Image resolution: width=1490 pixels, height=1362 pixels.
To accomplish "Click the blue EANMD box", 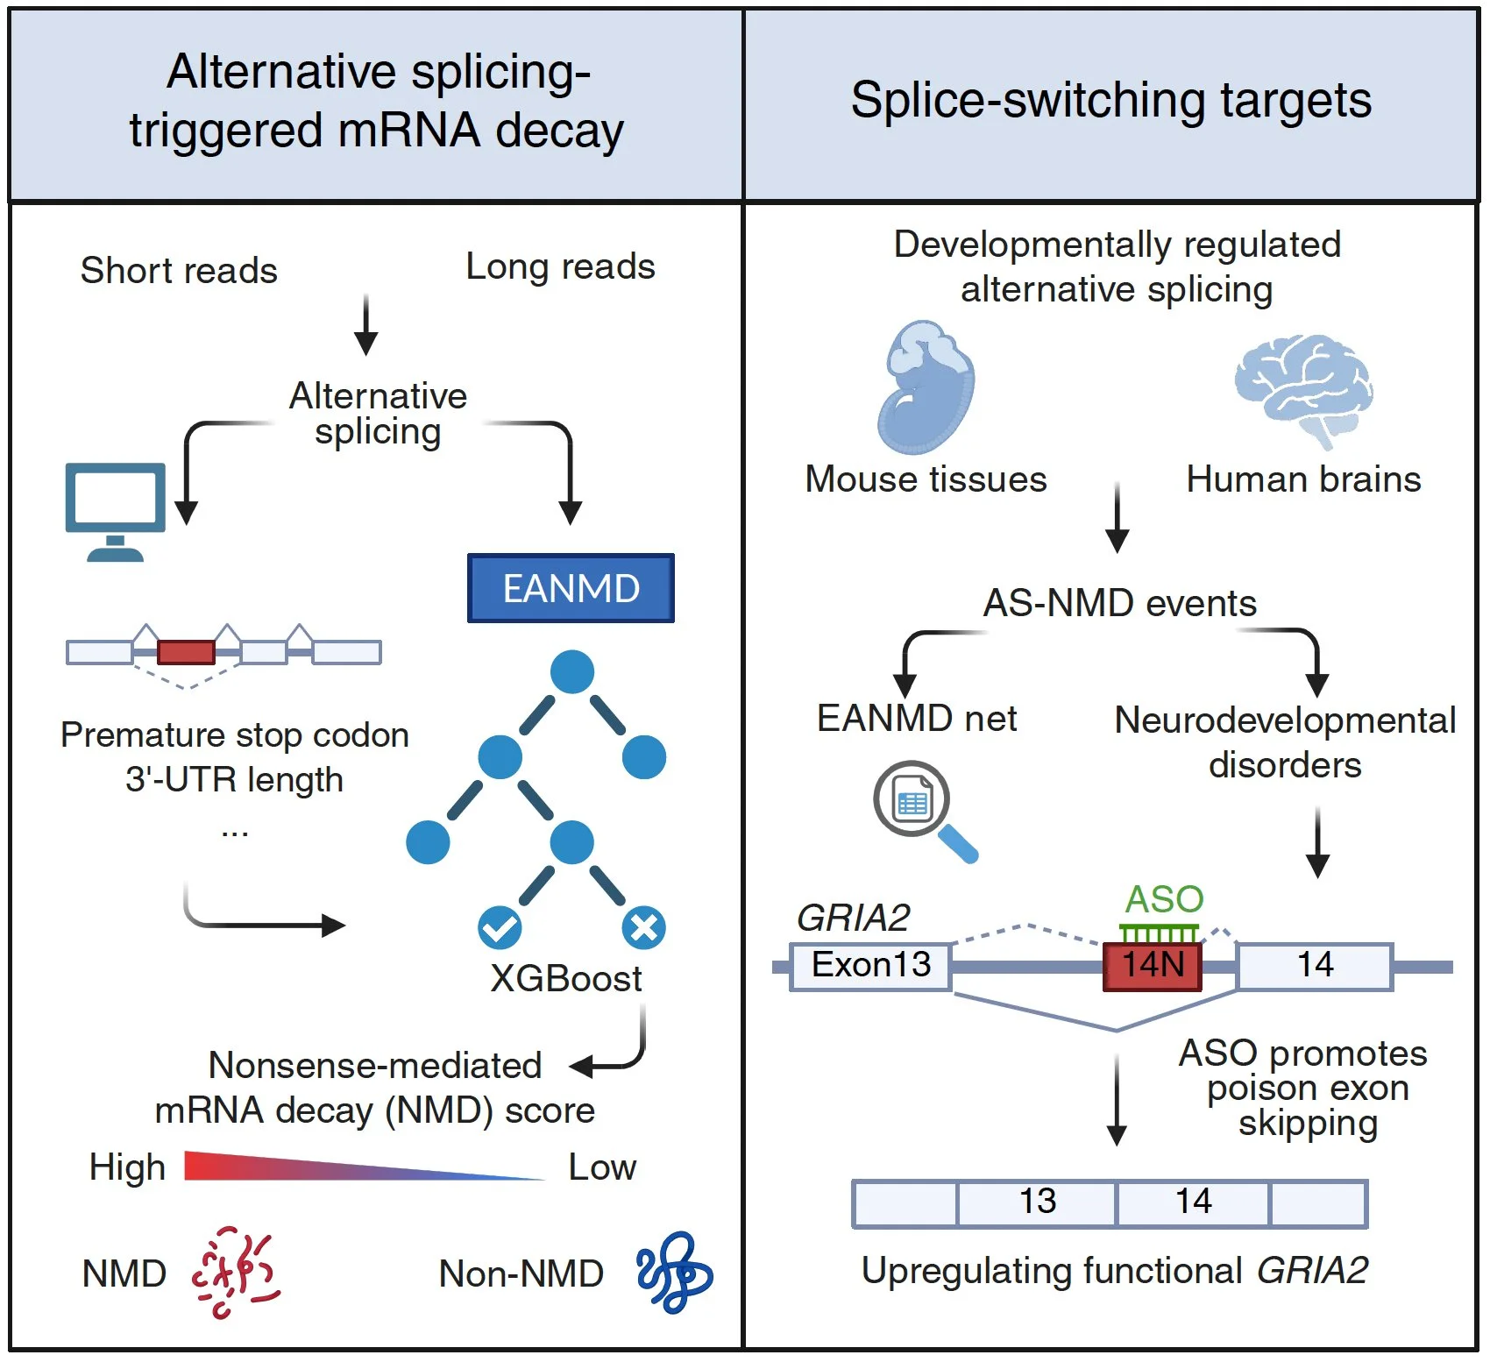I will (x=571, y=588).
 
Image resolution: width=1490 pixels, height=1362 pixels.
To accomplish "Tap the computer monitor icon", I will (x=115, y=509).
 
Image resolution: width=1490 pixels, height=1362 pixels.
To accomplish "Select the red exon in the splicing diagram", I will (x=186, y=652).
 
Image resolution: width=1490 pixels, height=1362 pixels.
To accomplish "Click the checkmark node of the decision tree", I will (x=500, y=928).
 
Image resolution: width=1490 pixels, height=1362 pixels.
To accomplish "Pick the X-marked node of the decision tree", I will (x=644, y=928).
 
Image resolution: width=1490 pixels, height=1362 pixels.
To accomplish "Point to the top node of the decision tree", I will (x=572, y=672).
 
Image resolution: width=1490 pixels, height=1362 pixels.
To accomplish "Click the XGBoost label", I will (x=566, y=978).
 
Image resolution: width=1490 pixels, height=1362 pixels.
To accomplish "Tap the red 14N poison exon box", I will (x=1152, y=966).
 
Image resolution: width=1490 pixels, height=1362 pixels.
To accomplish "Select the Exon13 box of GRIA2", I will (x=870, y=966).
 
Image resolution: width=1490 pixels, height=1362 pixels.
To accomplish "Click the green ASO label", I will (x=1164, y=899).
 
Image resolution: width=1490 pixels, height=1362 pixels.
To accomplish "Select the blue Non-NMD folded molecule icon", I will (x=673, y=1273).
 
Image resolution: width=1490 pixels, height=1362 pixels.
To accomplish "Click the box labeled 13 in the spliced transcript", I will (x=1037, y=1202).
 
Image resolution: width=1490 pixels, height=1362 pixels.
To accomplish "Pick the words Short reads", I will (x=179, y=270).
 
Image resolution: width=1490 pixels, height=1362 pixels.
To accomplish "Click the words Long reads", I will (x=560, y=266).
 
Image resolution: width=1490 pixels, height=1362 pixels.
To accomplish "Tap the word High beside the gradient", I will (x=127, y=1167).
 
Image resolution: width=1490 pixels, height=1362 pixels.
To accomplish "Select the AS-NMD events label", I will (x=1119, y=603).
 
